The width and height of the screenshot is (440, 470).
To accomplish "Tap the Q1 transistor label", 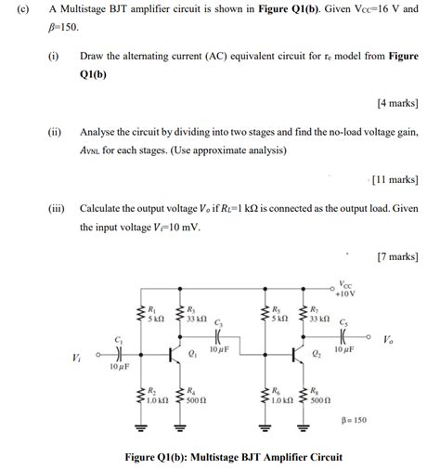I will [191, 354].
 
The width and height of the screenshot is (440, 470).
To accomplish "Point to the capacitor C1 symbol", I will [117, 353].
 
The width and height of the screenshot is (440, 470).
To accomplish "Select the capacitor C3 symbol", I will [218, 337].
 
